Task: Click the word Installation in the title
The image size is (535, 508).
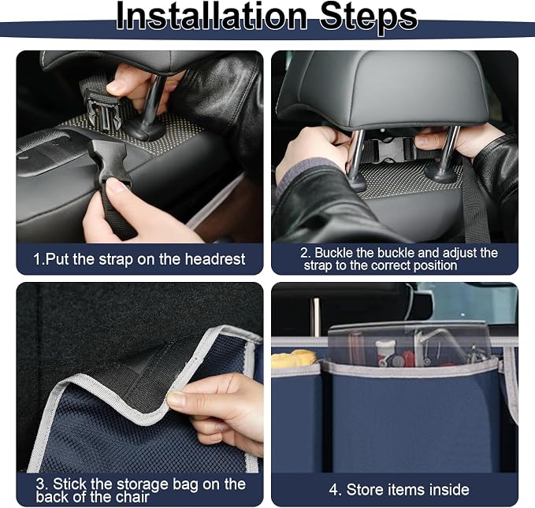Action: (x=211, y=16)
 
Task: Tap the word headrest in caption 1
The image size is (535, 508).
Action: (x=215, y=259)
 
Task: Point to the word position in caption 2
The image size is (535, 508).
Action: (x=435, y=265)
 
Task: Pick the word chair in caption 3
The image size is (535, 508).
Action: (x=133, y=497)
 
